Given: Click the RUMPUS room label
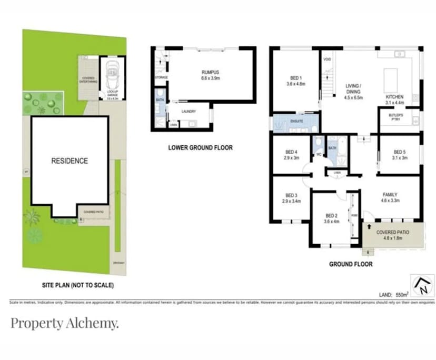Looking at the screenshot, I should tap(210, 73).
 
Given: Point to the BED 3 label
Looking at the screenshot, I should tap(290, 194).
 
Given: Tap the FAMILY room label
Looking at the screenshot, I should tap(390, 194).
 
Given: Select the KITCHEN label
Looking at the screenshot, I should tap(394, 97).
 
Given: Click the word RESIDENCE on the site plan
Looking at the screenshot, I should tap(70, 161).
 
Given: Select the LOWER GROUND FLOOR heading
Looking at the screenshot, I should tap(200, 148).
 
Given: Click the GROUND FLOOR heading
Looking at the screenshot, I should tap(351, 264).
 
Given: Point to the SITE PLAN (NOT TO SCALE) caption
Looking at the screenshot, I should tap(77, 285).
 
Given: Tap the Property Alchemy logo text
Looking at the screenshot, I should tap(64, 323).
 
